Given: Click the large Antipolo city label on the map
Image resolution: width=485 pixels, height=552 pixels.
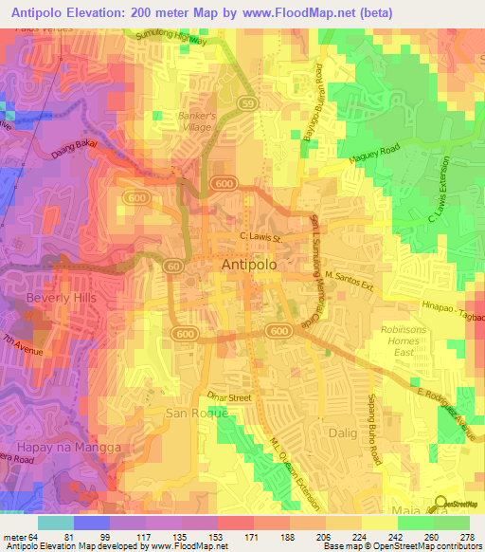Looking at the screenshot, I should (249, 266).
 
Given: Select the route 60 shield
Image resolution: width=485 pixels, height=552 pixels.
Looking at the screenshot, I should (174, 267).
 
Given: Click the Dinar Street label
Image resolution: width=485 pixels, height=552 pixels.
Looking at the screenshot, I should (229, 398).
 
